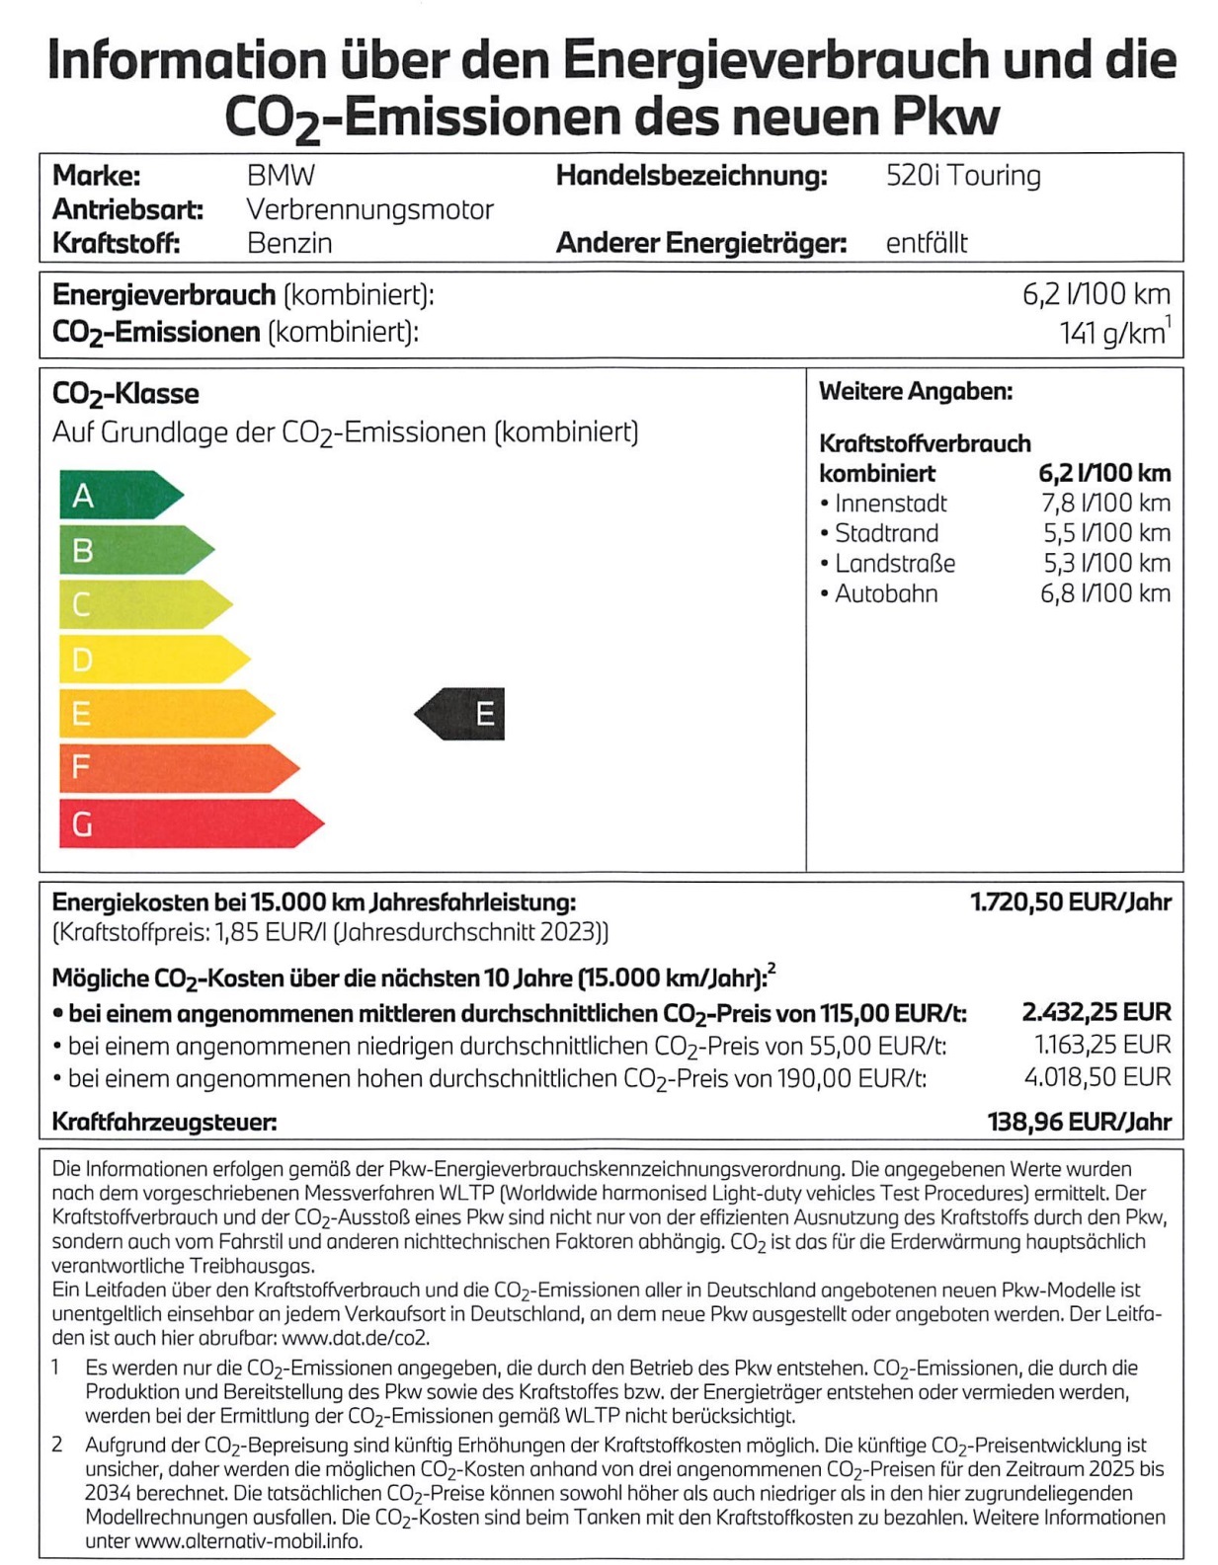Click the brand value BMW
pyautogui.click(x=281, y=176)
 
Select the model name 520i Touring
pyautogui.click(x=963, y=176)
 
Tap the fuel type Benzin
pyautogui.click(x=289, y=243)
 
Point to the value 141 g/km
pyautogui.click(x=1112, y=334)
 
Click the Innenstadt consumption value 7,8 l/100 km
pyautogui.click(x=1105, y=503)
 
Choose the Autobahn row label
pyautogui.click(x=886, y=593)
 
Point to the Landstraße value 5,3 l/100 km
pyautogui.click(x=1106, y=563)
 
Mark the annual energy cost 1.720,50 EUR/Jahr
pyautogui.click(x=1071, y=901)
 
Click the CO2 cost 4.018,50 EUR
pyautogui.click(x=1097, y=1076)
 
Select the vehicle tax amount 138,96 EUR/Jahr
pyautogui.click(x=1079, y=1121)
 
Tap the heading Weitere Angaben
pyautogui.click(x=916, y=391)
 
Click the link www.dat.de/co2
pyautogui.click(x=356, y=1338)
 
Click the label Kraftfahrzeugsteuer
pyautogui.click(x=164, y=1122)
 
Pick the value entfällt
pyautogui.click(x=927, y=243)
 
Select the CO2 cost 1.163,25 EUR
pyautogui.click(x=1101, y=1045)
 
